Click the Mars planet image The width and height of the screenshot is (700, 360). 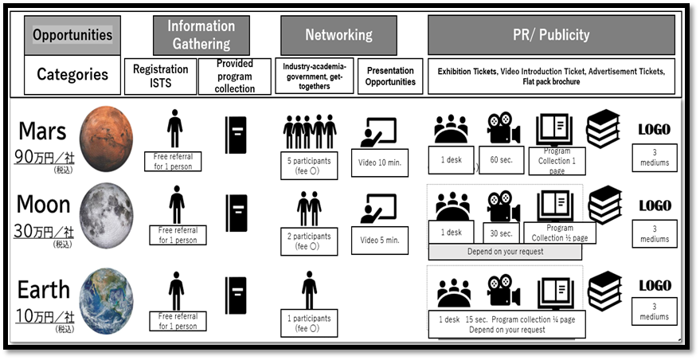(106, 139)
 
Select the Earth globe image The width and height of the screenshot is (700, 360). (106, 301)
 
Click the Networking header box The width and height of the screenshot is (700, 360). (338, 35)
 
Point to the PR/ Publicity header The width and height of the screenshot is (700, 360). (551, 35)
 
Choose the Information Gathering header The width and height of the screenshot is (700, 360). (201, 35)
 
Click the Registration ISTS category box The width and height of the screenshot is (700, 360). (160, 76)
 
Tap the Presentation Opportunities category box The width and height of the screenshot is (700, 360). (390, 76)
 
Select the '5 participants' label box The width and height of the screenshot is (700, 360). (309, 166)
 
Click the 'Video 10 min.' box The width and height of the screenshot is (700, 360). (379, 162)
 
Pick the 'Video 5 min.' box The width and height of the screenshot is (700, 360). (379, 241)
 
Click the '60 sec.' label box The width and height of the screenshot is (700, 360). (500, 160)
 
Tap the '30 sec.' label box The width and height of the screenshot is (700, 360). (502, 233)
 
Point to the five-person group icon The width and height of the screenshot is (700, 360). (309, 131)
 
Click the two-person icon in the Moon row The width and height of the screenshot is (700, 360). (309, 209)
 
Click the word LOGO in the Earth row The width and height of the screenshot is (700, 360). (655, 285)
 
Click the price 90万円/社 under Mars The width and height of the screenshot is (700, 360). (44, 157)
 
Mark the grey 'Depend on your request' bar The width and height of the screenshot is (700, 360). (505, 252)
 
